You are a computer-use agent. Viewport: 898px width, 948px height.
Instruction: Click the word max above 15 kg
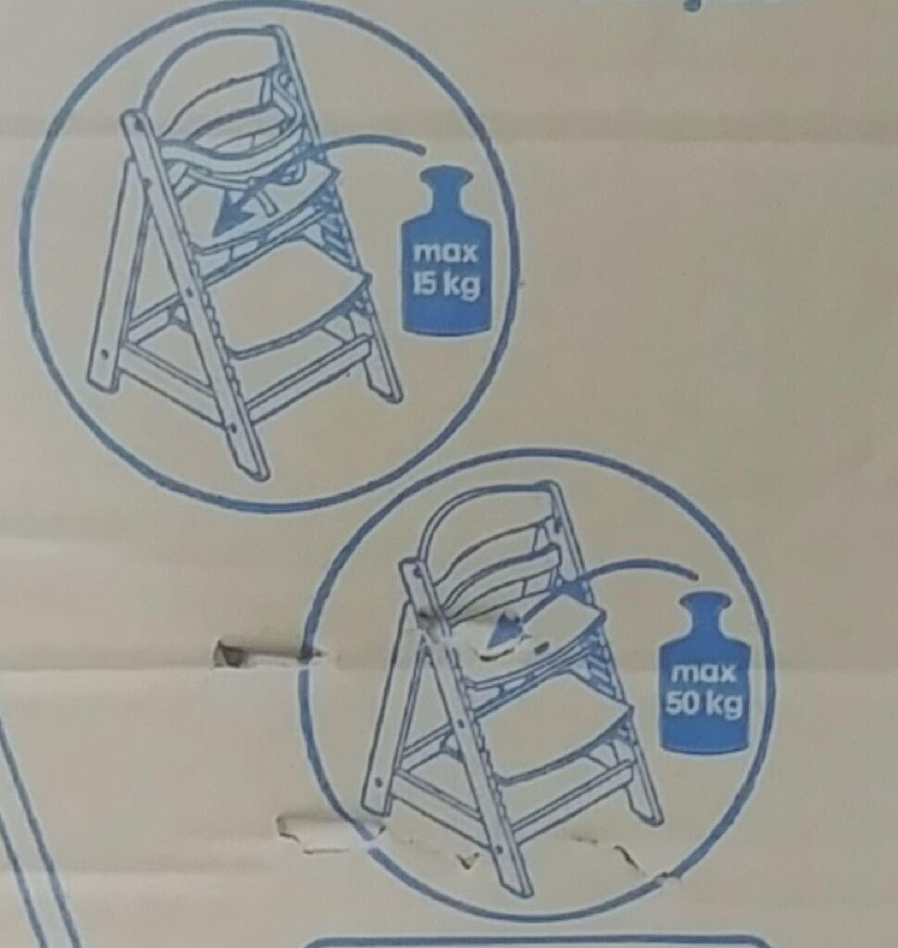click(445, 253)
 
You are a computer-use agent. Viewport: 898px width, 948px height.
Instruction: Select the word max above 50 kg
click(705, 673)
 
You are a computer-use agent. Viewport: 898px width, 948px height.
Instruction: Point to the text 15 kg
click(446, 284)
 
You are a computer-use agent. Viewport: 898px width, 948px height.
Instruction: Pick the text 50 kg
click(704, 703)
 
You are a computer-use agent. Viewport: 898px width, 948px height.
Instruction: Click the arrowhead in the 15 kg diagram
click(231, 217)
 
